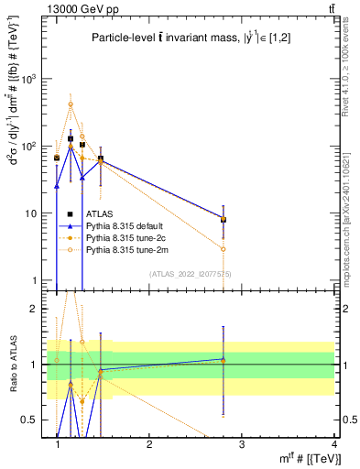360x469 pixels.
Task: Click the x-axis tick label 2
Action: click(149, 443)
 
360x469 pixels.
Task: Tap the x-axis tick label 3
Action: click(242, 443)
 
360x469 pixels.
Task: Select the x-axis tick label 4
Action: click(333, 443)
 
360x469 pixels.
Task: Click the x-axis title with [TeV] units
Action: click(299, 458)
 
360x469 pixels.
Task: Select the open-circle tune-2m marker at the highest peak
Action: click(71, 104)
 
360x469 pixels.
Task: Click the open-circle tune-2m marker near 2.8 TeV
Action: click(224, 249)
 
